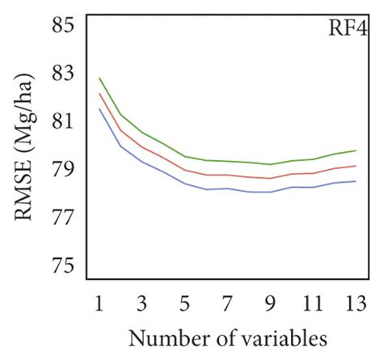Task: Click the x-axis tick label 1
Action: click(99, 303)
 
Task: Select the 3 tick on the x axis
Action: click(142, 303)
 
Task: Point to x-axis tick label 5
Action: click(185, 303)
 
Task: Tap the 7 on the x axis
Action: click(228, 303)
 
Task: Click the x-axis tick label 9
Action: click(271, 303)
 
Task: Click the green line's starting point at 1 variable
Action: click(99, 78)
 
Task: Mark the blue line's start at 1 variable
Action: click(99, 109)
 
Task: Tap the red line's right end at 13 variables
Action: click(356, 166)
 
